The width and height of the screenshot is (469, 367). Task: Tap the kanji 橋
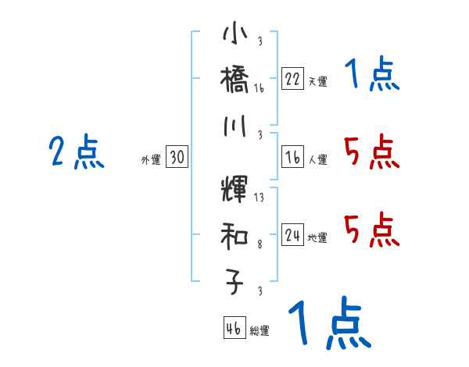235,80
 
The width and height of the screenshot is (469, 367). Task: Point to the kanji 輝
235,191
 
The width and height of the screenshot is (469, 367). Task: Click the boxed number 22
292,79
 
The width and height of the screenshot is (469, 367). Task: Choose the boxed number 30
177,158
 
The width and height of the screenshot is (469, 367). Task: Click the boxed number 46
234,328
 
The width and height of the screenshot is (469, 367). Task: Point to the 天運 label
317,81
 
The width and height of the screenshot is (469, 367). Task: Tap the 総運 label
260,330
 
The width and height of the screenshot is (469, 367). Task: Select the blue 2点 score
76,152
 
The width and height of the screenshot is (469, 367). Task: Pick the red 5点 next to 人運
371,151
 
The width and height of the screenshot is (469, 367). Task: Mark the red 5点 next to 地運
371,230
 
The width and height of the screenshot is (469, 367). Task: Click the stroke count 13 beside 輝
259,198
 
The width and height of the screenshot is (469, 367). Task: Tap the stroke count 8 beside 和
259,245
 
